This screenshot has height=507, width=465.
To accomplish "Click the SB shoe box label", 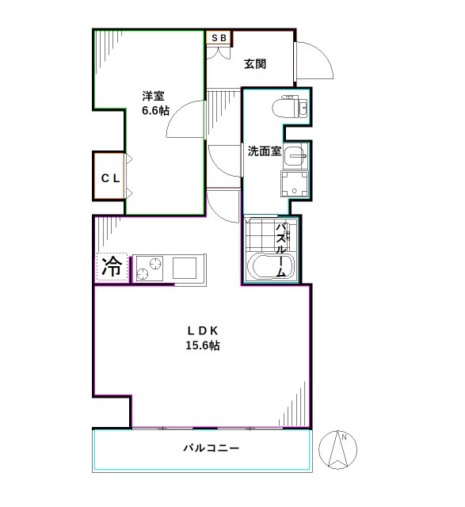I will pyautogui.click(x=219, y=36).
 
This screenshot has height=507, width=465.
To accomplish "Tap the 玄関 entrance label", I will pyautogui.click(x=254, y=64).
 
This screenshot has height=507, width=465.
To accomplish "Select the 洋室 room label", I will pyautogui.click(x=154, y=96).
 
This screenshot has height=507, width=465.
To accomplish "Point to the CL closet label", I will pyautogui.click(x=109, y=178).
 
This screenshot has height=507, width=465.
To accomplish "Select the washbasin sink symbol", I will pyautogui.click(x=295, y=155).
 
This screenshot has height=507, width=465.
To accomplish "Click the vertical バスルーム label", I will pyautogui.click(x=280, y=248).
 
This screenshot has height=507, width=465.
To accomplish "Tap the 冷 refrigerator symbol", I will pyautogui.click(x=112, y=267).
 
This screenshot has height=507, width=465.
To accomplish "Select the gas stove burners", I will pyautogui.click(x=150, y=267).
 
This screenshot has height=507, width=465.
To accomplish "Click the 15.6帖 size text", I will pyautogui.click(x=202, y=346).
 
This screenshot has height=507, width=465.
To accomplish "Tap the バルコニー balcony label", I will pyautogui.click(x=212, y=448).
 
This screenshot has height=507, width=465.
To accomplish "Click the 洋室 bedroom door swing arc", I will pyautogui.click(x=184, y=119).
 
